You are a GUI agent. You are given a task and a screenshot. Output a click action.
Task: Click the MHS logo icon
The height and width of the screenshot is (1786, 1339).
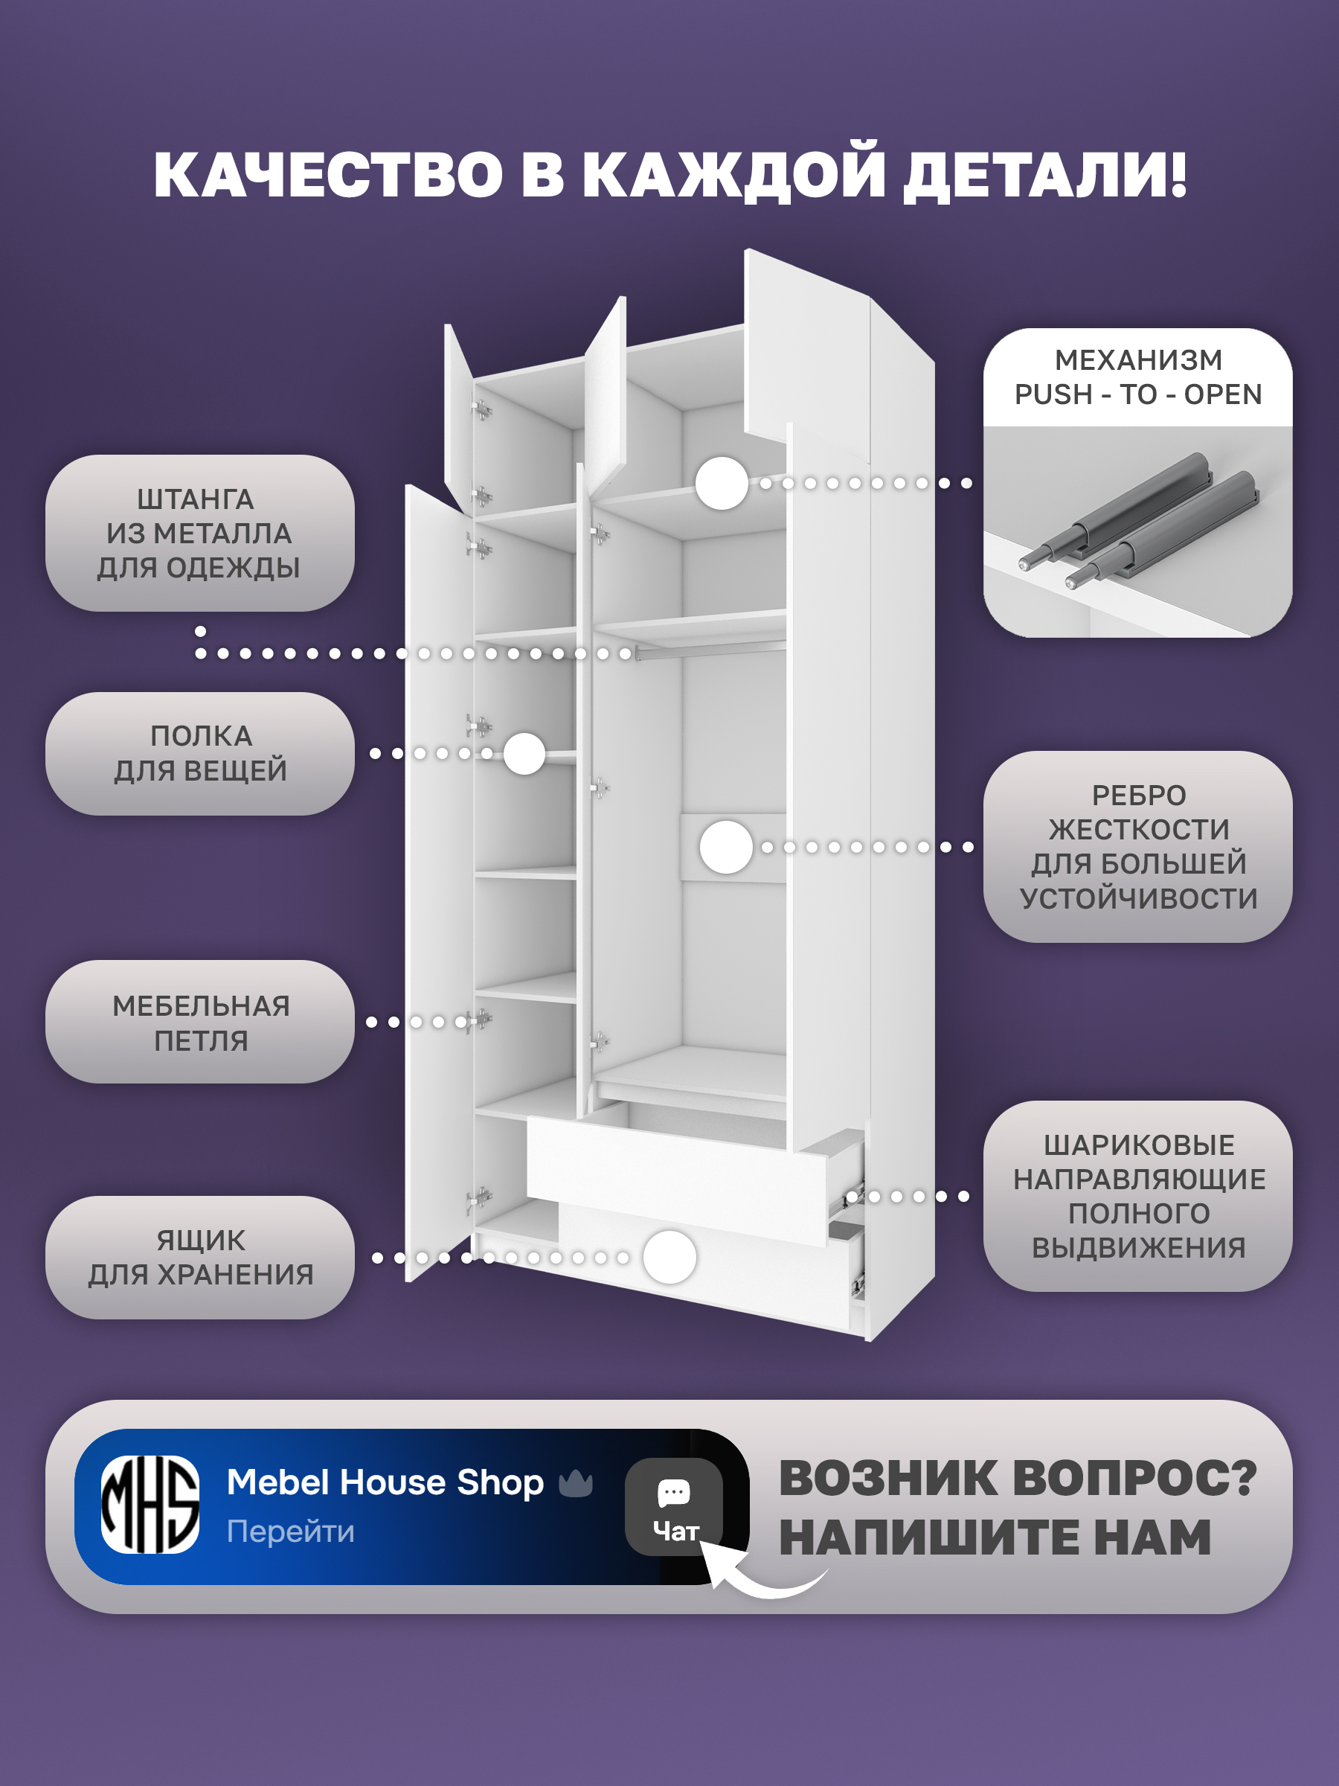click(150, 1504)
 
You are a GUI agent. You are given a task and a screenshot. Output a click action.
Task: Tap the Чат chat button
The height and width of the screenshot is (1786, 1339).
click(674, 1507)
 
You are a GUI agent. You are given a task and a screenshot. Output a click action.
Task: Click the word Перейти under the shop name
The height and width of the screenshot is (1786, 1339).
click(291, 1531)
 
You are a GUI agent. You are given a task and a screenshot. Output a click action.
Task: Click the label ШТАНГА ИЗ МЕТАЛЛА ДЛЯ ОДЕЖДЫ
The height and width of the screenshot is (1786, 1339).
click(199, 533)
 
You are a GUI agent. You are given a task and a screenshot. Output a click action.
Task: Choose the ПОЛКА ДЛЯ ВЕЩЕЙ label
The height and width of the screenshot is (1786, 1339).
click(199, 753)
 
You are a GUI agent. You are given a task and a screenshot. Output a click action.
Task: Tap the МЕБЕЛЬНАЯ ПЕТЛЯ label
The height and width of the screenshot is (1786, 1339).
click(199, 1022)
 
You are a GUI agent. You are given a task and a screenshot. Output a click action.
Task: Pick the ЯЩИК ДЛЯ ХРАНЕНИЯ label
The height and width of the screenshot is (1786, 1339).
click(199, 1258)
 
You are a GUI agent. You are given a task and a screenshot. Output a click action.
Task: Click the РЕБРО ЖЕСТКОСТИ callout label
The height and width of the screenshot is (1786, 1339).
click(1138, 846)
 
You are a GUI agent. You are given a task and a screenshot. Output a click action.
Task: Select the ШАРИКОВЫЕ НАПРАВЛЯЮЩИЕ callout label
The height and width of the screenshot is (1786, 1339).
click(1138, 1196)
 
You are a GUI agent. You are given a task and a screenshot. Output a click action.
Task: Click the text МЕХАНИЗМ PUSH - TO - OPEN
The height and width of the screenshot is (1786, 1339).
click(1138, 377)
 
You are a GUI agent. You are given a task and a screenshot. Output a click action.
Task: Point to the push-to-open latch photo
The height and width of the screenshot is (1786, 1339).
click(1138, 531)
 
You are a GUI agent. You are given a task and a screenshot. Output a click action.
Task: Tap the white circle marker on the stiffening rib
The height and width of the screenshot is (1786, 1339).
click(726, 847)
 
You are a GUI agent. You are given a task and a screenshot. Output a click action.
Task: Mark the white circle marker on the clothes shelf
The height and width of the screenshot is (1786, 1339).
click(524, 753)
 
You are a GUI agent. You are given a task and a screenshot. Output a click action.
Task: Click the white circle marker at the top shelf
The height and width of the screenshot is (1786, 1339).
click(722, 483)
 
